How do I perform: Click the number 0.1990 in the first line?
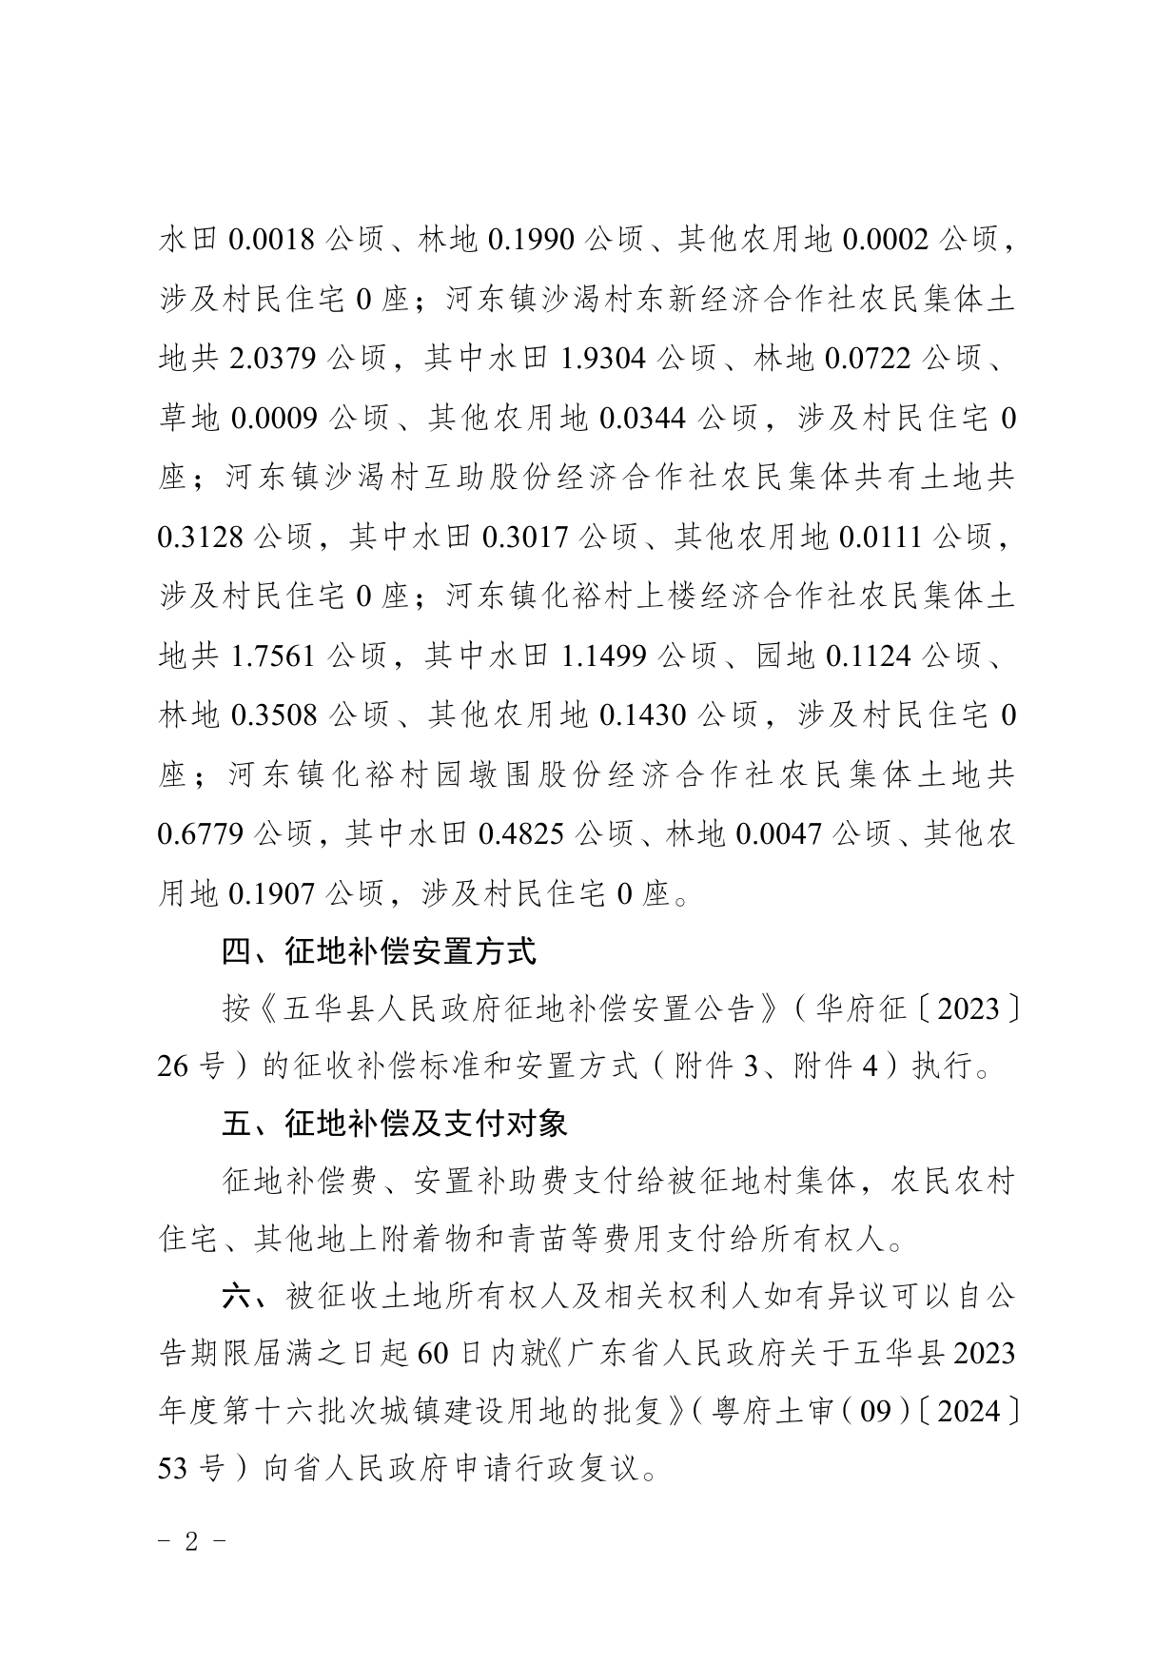pyautogui.click(x=530, y=240)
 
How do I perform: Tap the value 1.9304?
pyautogui.click(x=604, y=359)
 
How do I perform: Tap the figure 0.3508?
pyautogui.click(x=273, y=715)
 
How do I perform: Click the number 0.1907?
pyautogui.click(x=271, y=893)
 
